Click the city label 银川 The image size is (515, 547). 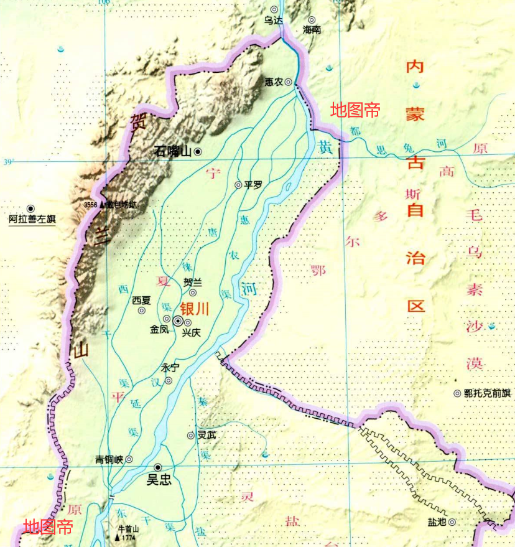pos(194,309)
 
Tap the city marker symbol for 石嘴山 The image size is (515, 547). pos(198,151)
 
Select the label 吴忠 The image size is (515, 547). pos(158,480)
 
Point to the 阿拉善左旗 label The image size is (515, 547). pos(32,220)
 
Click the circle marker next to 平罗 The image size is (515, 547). pos(238,185)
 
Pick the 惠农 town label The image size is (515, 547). pos(274,82)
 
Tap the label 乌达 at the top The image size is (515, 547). pos(273,21)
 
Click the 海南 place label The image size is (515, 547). pos(311,30)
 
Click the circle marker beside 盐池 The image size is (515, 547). pos(452,522)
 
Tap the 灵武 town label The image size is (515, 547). pos(206,436)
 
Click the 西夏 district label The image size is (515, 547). pos(141,300)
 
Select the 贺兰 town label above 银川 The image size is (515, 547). pos(193,282)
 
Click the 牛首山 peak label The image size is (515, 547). pos(128,528)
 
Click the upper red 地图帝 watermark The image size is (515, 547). pos(355,110)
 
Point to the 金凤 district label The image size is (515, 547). pos(159,329)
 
